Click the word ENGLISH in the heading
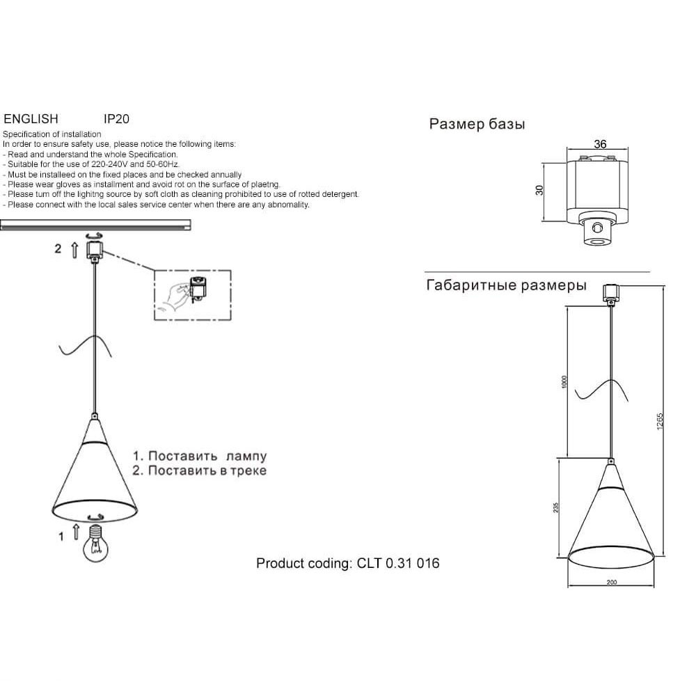coord(31,119)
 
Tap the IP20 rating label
coord(116,119)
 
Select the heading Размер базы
coord(477,124)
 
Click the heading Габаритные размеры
coord(507,285)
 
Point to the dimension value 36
coord(600,144)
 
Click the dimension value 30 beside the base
coord(539,190)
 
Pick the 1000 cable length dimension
coord(564,382)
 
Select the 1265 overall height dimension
coord(660,421)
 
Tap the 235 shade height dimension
coord(555,508)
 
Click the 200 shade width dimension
coord(612,583)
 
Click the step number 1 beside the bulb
coord(61,537)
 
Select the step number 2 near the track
coord(58,248)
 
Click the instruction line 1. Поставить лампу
coord(200,456)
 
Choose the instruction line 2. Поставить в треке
coord(199,470)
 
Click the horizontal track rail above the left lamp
coord(95,225)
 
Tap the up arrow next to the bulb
coord(76,532)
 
